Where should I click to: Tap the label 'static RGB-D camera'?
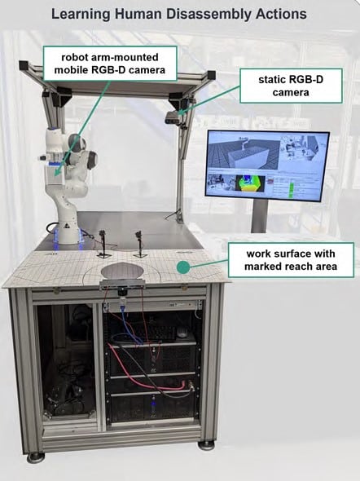click(x=291, y=86)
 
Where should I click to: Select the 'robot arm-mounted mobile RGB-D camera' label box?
click(x=110, y=64)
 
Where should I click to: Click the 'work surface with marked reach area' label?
click(x=291, y=260)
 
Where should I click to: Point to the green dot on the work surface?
click(x=183, y=267)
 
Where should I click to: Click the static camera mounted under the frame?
click(x=173, y=117)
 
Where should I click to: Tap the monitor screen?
click(x=267, y=165)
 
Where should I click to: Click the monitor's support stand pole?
click(x=260, y=216)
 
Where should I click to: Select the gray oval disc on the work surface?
click(x=122, y=271)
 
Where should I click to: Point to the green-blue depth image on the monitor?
click(x=250, y=183)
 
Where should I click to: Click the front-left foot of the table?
click(x=35, y=457)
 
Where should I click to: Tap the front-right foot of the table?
click(x=206, y=445)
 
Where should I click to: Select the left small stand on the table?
click(x=103, y=244)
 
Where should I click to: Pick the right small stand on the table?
click(x=140, y=244)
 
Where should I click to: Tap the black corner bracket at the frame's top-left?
click(x=24, y=65)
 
